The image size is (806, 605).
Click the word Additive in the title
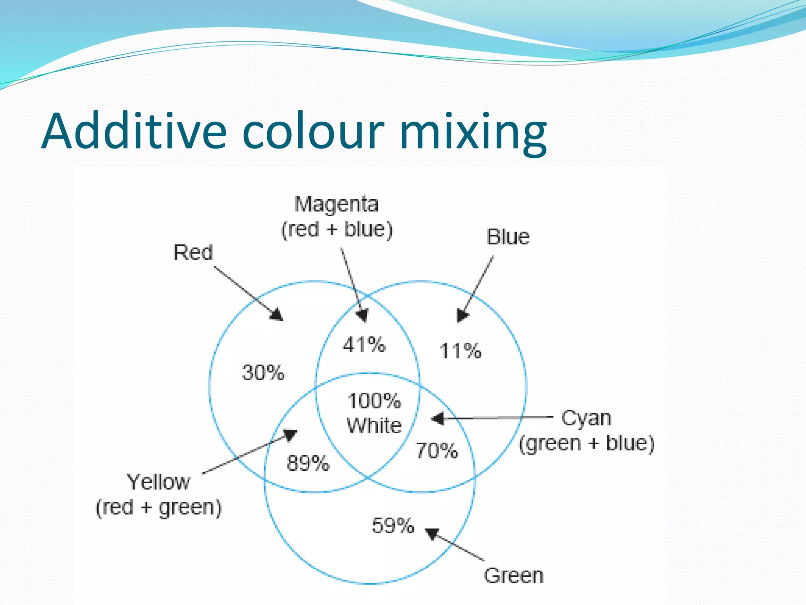[134, 131]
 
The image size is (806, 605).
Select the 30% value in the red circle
[263, 373]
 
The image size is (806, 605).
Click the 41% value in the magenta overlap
[364, 345]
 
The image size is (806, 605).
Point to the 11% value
[460, 351]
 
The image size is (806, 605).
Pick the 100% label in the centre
[374, 401]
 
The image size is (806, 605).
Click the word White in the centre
[374, 426]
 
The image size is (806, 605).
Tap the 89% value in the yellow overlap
[308, 463]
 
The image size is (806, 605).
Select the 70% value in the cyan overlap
[437, 451]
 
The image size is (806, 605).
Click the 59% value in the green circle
[393, 525]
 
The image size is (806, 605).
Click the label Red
[193, 252]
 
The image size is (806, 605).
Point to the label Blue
[508, 237]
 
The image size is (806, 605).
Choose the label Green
[514, 576]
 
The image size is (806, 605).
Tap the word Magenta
[337, 204]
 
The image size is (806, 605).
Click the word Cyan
[586, 418]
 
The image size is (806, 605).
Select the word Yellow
[158, 482]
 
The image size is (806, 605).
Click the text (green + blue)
[586, 444]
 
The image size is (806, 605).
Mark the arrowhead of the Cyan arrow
[438, 418]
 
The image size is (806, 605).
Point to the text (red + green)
[159, 507]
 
